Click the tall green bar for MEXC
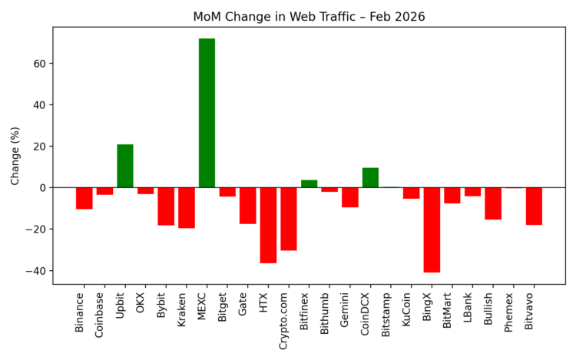point(207,113)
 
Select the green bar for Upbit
point(125,166)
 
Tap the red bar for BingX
point(432,230)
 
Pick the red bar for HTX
point(268,225)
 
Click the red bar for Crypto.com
point(289,219)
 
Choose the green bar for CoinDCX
point(370,177)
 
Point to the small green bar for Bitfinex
point(309,183)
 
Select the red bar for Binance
point(84,198)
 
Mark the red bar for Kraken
point(187,207)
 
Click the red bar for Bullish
point(493,203)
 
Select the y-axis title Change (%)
point(15,156)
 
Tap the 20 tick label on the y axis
point(41,147)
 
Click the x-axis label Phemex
point(510,312)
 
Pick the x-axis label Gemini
point(346,309)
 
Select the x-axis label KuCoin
point(407,309)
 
